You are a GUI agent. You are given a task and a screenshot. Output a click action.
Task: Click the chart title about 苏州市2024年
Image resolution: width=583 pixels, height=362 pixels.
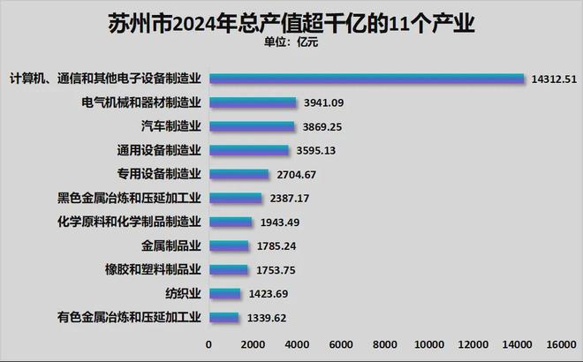click(291, 21)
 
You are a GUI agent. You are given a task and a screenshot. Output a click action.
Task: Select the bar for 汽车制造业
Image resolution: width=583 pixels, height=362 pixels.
click(252, 126)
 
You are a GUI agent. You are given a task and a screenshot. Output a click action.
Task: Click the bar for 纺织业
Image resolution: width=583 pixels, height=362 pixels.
click(224, 293)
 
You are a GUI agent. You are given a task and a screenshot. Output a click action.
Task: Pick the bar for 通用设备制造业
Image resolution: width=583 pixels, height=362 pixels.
click(248, 150)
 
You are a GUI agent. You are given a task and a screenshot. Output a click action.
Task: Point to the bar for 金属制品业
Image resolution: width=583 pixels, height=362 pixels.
click(229, 245)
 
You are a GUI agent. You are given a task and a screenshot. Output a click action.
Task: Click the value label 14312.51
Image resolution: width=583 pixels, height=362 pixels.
click(555, 79)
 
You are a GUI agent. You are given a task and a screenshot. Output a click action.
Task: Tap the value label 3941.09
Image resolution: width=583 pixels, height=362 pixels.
click(323, 102)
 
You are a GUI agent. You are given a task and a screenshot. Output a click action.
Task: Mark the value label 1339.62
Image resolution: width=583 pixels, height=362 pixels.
click(266, 317)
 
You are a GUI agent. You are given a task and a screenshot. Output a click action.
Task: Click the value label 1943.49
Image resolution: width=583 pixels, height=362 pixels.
click(279, 222)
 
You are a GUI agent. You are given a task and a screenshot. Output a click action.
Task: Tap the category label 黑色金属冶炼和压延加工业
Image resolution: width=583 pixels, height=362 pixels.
click(129, 198)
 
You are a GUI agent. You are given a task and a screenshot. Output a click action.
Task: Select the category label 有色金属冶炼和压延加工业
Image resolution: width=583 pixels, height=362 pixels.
click(129, 317)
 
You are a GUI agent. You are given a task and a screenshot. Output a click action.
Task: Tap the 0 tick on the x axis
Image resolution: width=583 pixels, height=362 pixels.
click(209, 344)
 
